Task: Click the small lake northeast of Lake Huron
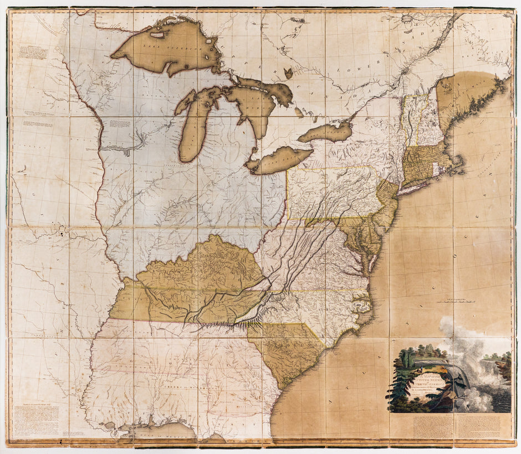288,73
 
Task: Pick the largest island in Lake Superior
157,34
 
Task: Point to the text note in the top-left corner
33,52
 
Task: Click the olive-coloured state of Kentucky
205,271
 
